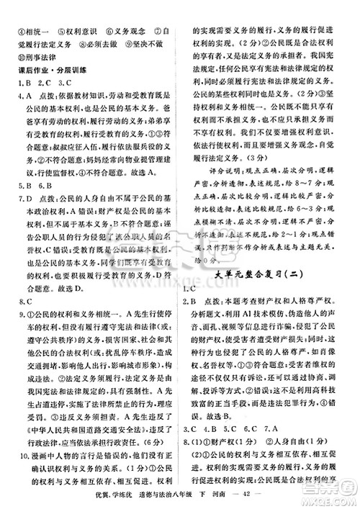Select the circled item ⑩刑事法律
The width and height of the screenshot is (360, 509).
[x=37, y=55]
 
